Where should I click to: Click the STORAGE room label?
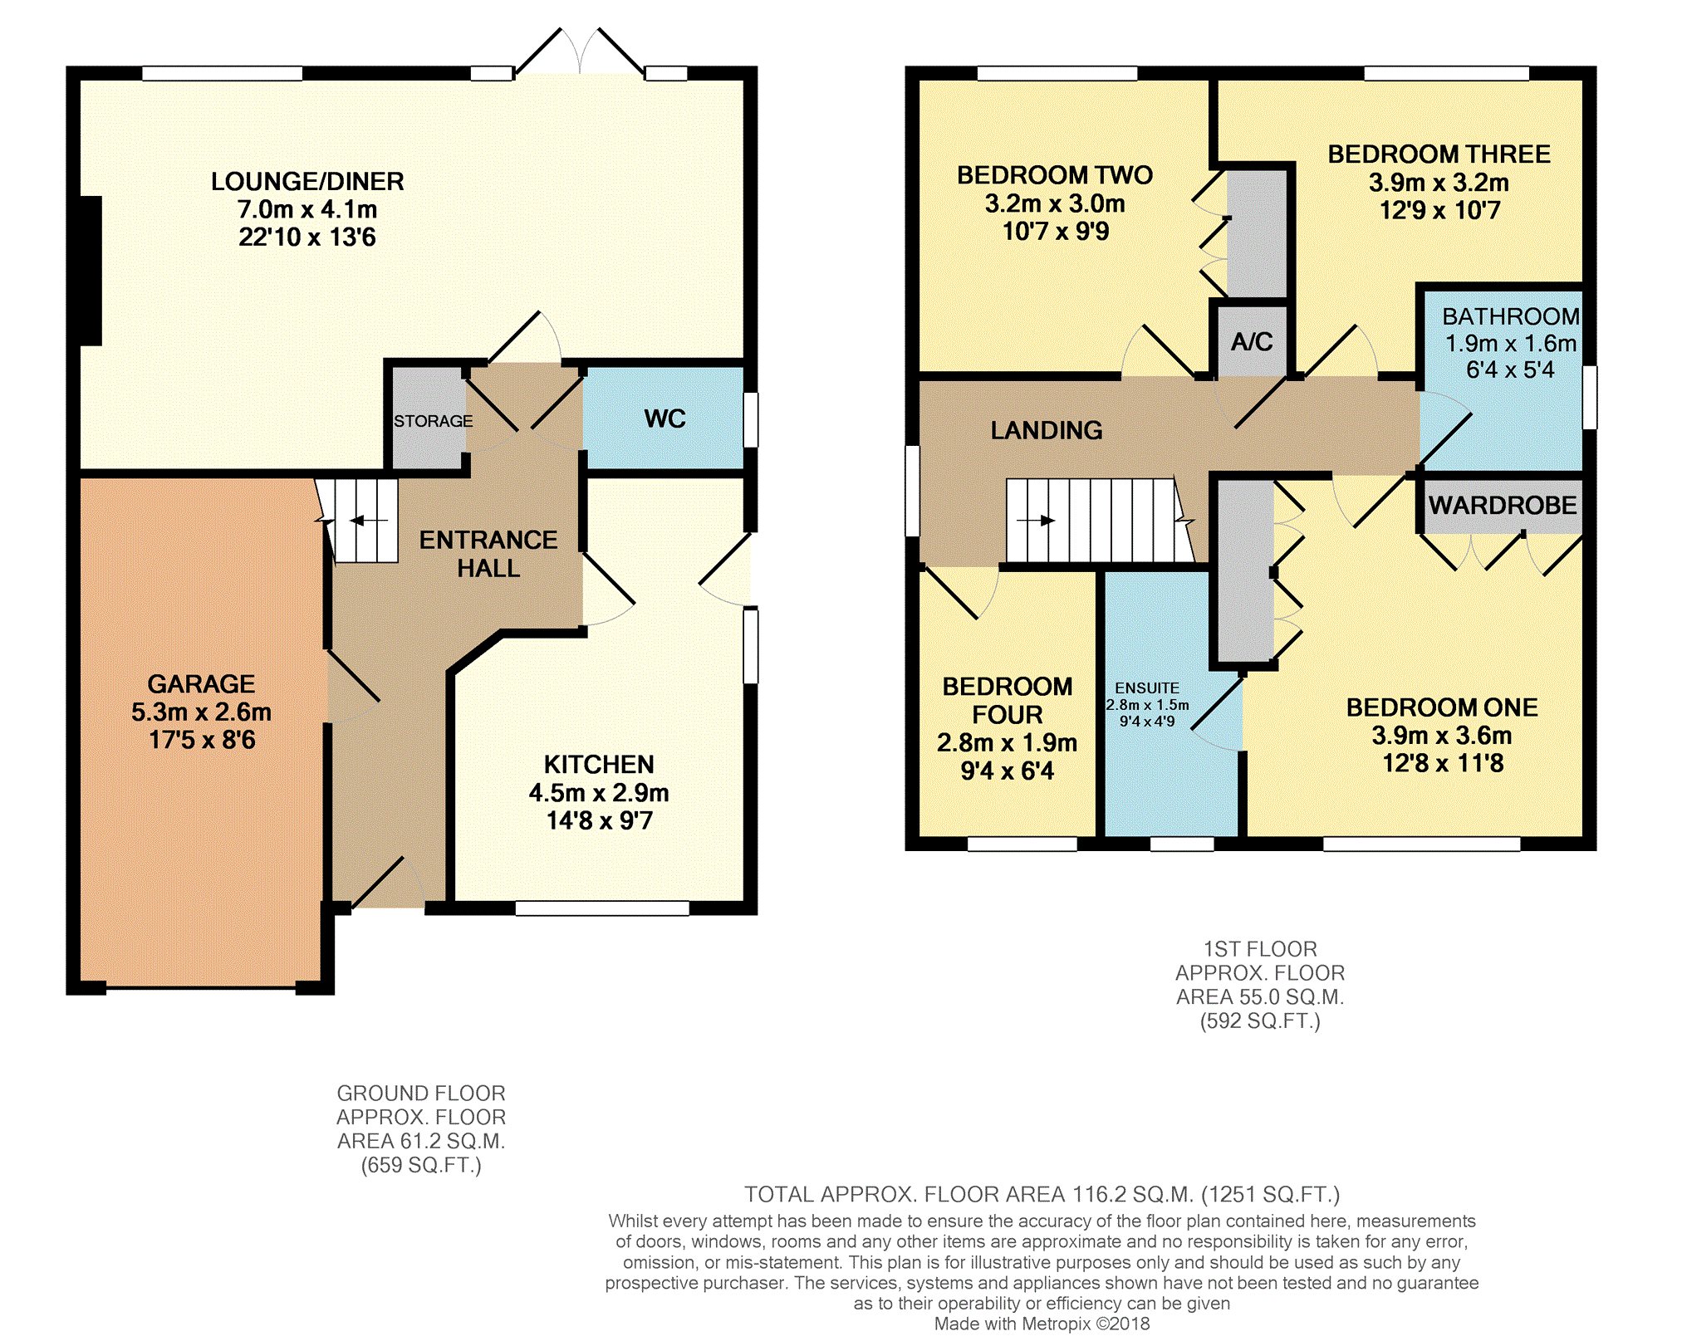[433, 421]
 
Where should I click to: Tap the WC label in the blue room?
[664, 418]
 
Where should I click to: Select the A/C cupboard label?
[1252, 341]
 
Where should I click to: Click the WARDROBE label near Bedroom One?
[1502, 505]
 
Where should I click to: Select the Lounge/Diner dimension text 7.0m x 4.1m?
[307, 209]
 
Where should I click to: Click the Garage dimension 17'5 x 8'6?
[202, 740]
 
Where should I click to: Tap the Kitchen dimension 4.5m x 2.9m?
[599, 793]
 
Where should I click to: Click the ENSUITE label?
[1146, 688]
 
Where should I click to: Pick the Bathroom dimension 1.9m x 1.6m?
[1510, 343]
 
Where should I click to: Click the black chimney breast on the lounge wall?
[91, 270]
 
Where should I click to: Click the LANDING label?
[1047, 430]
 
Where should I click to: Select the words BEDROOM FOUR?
[1008, 700]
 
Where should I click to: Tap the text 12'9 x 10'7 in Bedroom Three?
[1439, 210]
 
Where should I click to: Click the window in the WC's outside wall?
[750, 419]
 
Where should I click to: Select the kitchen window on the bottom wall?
[602, 908]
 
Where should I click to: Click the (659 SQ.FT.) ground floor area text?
[421, 1165]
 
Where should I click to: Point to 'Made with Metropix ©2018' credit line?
[1042, 1324]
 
